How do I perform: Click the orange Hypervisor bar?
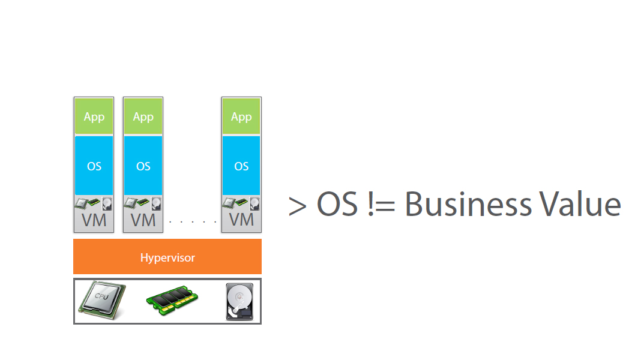click(167, 257)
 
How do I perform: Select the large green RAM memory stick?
click(172, 298)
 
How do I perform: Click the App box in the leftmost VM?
click(94, 117)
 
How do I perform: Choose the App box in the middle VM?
click(143, 117)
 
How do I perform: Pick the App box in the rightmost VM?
click(241, 117)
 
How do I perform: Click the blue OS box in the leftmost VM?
click(94, 166)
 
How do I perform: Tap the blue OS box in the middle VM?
click(143, 166)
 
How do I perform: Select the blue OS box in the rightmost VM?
click(241, 166)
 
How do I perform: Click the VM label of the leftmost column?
click(94, 220)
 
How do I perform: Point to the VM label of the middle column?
click(143, 220)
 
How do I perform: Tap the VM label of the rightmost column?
click(241, 220)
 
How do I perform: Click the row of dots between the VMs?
click(193, 222)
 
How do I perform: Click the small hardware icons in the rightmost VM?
click(241, 203)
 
